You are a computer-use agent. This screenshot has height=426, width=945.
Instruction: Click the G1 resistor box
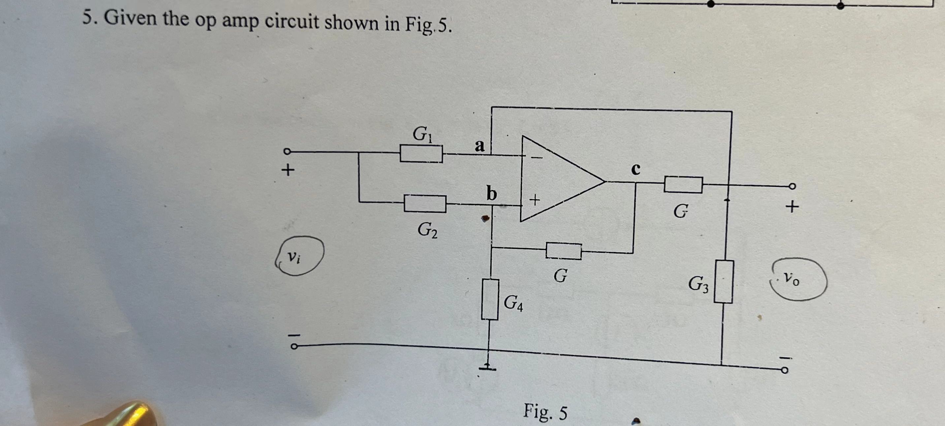pyautogui.click(x=421, y=154)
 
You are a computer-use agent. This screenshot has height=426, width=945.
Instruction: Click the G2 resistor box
pyautogui.click(x=425, y=204)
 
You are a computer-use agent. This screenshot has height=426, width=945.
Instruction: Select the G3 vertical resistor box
pyautogui.click(x=723, y=282)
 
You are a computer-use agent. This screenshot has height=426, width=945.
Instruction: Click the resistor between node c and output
pyautogui.click(x=683, y=184)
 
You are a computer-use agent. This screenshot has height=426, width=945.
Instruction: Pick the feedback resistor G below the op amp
pyautogui.click(x=563, y=251)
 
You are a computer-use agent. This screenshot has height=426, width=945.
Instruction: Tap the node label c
pyautogui.click(x=635, y=169)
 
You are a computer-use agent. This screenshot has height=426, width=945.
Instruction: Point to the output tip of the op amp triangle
pyautogui.click(x=604, y=181)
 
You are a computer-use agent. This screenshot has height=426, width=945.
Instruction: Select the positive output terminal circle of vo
pyautogui.click(x=793, y=186)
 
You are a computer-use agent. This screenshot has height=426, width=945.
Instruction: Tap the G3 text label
pyautogui.click(x=699, y=284)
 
